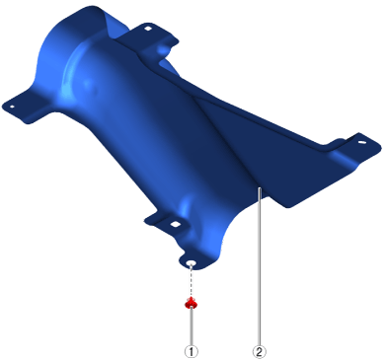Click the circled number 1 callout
[x=192, y=351]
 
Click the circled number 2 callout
[x=260, y=351]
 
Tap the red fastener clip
[x=192, y=303]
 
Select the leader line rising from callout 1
[x=192, y=325]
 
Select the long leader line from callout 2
[x=260, y=266]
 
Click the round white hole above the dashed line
[x=192, y=263]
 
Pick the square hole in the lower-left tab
[x=176, y=225]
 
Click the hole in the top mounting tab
[x=148, y=29]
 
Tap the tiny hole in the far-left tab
[x=12, y=107]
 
